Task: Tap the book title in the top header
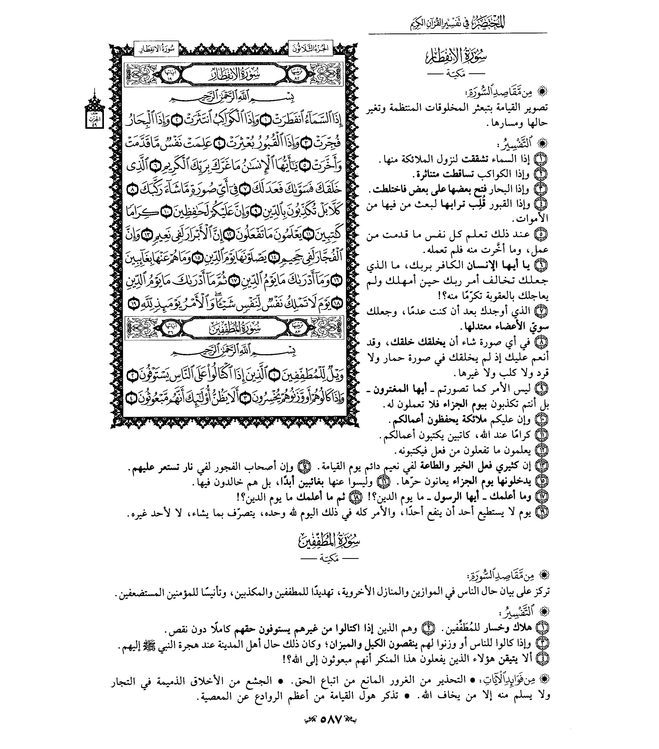(x=457, y=23)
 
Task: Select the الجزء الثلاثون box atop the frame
(x=310, y=49)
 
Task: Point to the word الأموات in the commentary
(x=533, y=219)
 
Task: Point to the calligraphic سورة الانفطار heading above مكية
(x=457, y=57)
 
